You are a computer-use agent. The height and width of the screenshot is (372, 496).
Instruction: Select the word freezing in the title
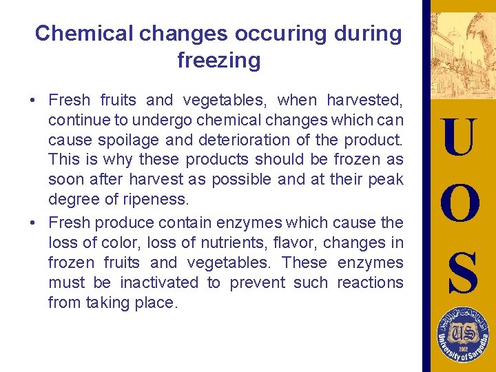point(218,61)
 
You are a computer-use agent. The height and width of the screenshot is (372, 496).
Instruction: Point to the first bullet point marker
point(33,101)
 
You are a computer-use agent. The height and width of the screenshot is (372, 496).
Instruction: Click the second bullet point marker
point(33,223)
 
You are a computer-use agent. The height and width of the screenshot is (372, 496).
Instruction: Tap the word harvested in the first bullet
point(369,101)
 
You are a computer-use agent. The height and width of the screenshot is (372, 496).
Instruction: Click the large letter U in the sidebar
point(459,138)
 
